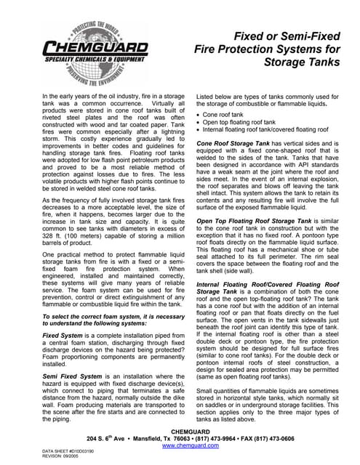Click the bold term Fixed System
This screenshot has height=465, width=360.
click(63, 336)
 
